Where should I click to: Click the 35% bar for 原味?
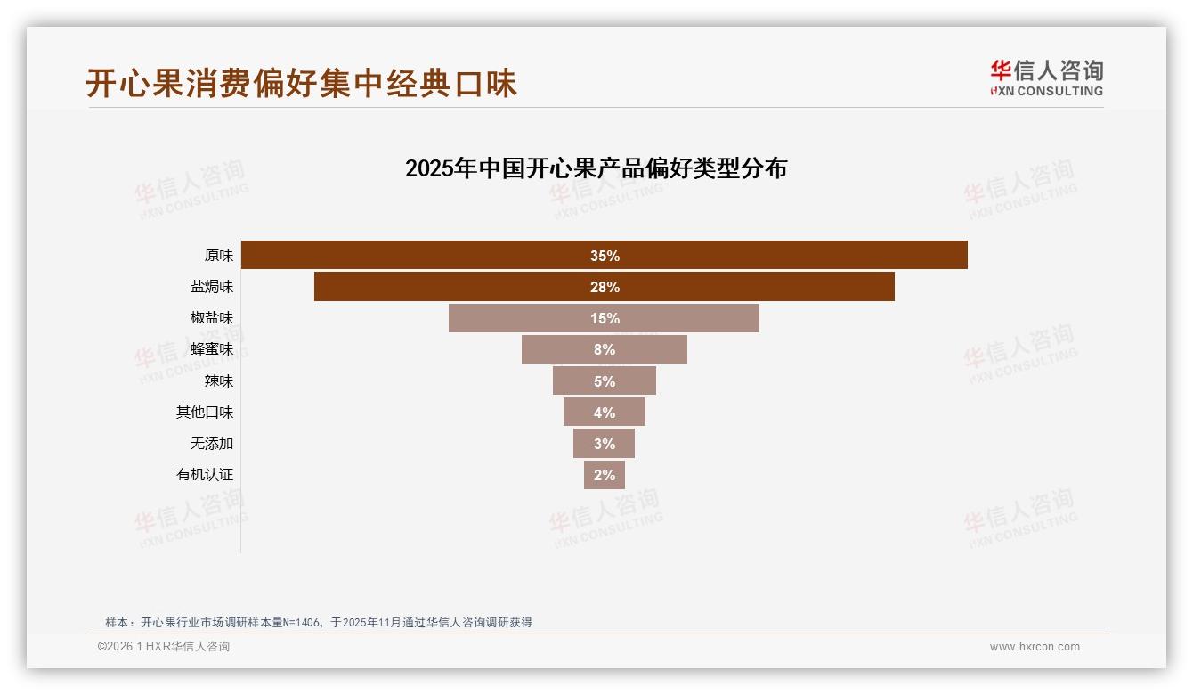tap(604, 256)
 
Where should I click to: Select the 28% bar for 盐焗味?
tap(604, 287)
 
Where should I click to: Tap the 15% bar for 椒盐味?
tap(604, 318)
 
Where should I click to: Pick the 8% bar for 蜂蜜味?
tap(604, 349)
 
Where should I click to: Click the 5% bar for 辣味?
tap(604, 381)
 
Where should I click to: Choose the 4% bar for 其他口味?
tap(604, 413)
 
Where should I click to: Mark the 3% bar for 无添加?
tap(604, 444)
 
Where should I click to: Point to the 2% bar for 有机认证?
tap(604, 475)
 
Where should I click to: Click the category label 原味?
tap(218, 256)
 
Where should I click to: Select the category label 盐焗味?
tap(211, 287)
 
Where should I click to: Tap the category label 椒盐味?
tap(211, 318)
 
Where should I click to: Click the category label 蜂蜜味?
tap(211, 349)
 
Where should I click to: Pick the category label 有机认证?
tap(204, 475)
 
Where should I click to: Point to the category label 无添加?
tap(211, 444)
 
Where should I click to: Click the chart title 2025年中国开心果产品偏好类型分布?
tap(596, 168)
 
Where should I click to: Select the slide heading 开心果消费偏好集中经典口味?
tap(301, 83)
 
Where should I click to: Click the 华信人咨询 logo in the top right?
tap(1046, 78)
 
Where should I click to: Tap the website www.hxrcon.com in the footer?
tap(1035, 647)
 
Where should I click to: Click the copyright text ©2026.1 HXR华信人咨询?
tap(164, 647)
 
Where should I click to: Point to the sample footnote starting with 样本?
tap(318, 622)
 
